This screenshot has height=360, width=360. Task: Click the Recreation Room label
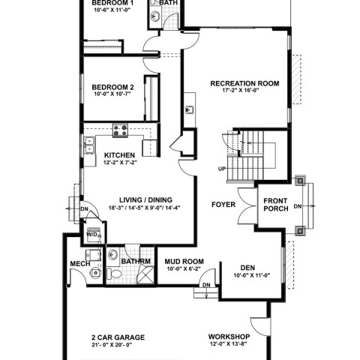pos(244,83)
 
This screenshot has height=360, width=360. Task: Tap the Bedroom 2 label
pos(112,87)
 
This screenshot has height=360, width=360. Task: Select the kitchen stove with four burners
pos(120,130)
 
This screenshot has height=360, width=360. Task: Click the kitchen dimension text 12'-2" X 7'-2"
pos(120,163)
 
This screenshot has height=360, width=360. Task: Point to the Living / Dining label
pos(145,200)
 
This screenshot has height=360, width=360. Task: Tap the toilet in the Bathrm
pos(114,274)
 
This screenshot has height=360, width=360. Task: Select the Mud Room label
pos(184,262)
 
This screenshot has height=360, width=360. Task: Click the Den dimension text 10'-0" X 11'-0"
pos(252,275)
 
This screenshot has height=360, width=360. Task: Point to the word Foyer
pos(223,205)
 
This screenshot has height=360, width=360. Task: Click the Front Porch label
pos(276,205)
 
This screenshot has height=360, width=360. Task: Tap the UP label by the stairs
pos(222,169)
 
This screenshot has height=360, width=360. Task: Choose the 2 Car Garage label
pos(118,337)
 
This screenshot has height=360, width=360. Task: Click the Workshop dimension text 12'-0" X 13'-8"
pos(229,343)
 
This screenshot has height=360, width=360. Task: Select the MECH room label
pos(80,264)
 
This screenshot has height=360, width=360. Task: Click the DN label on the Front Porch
pos(298,206)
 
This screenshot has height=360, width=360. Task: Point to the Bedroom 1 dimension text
pos(112,10)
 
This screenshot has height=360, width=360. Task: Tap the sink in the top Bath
pos(155,16)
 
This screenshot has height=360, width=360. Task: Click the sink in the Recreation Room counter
pos(190,109)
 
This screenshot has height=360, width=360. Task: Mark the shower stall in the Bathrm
pos(145,275)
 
